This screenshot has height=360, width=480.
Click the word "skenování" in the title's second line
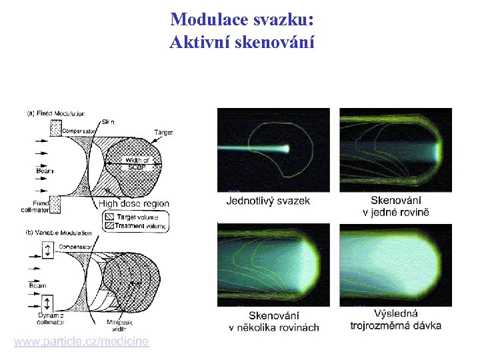(273, 43)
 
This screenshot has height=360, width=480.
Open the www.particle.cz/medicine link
(81, 341)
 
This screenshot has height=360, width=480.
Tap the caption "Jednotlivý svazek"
(268, 201)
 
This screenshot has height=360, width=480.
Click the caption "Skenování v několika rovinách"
(274, 321)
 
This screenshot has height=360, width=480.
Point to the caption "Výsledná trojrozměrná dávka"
(395, 319)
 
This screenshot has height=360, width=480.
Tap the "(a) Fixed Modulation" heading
(56, 113)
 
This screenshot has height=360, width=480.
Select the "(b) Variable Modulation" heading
(59, 234)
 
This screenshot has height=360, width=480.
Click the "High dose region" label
(134, 203)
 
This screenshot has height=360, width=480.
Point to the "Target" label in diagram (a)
(163, 133)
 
